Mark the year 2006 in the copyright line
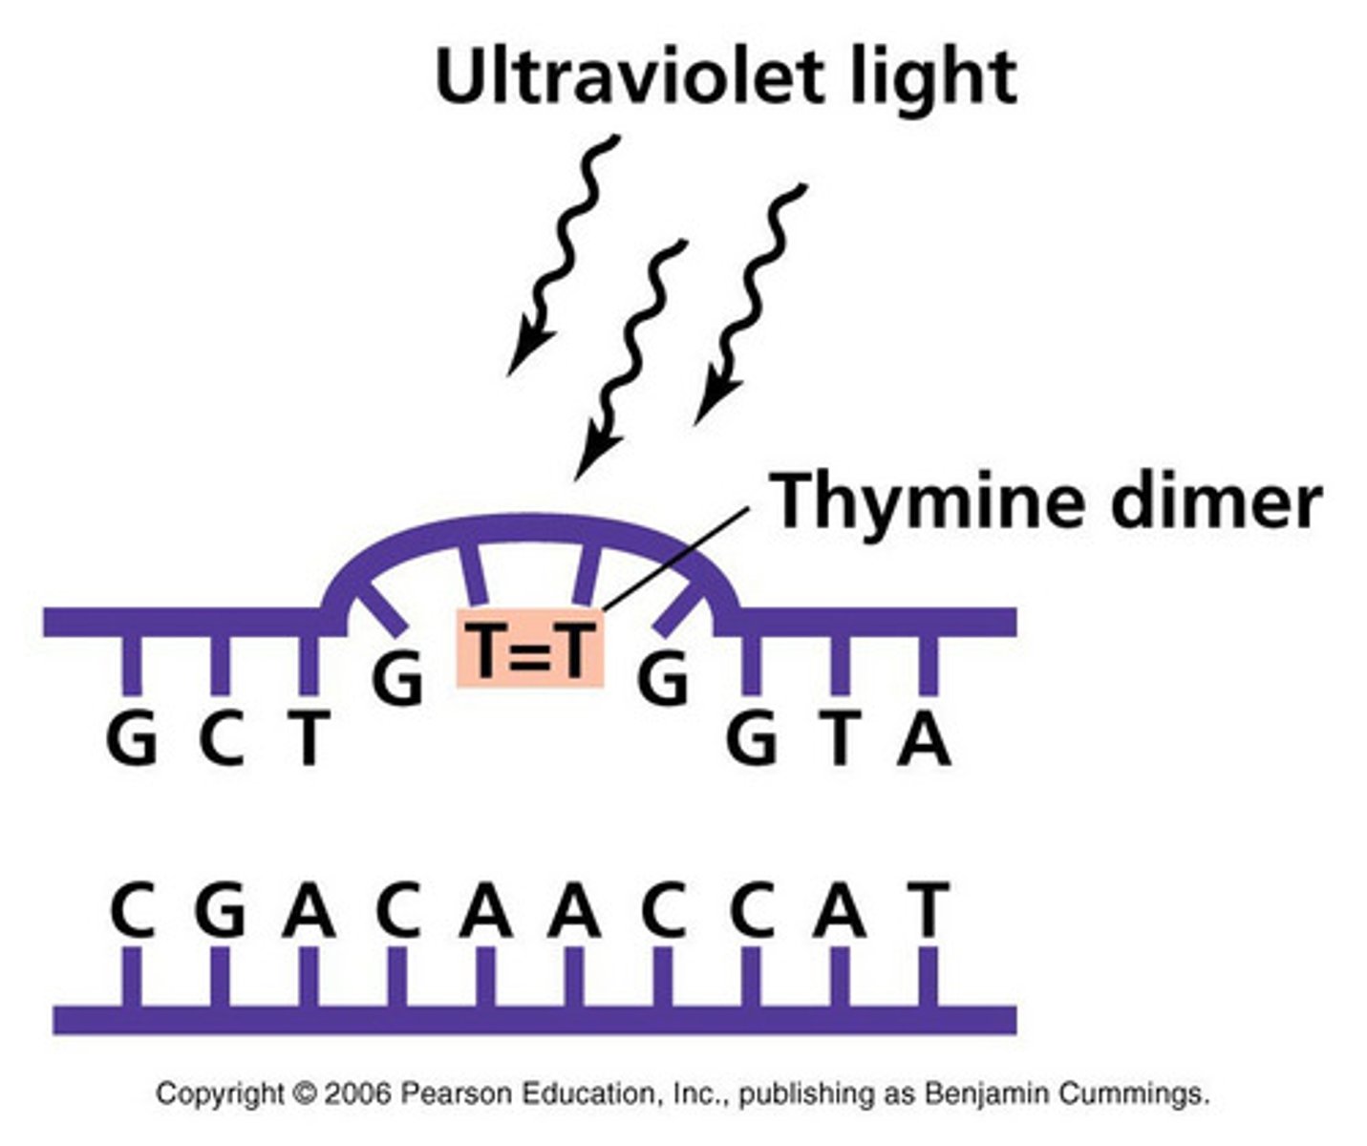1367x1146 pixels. point(357,1093)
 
